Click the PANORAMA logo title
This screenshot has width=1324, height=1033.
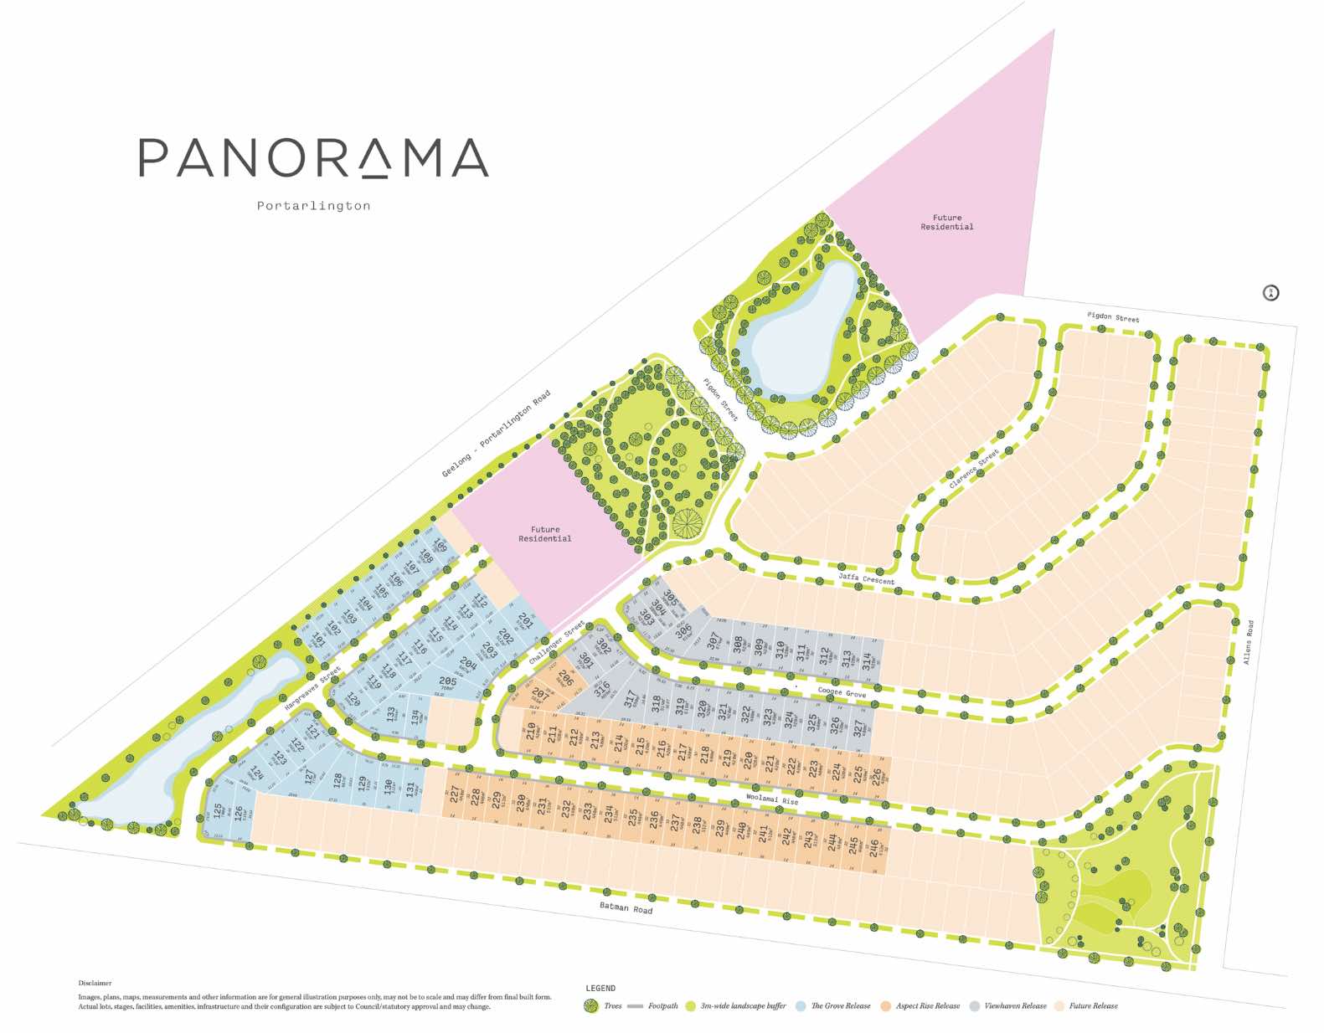(313, 158)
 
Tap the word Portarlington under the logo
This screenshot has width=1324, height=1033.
(313, 206)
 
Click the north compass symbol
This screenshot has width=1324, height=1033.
(1270, 293)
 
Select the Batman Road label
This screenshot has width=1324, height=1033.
(626, 908)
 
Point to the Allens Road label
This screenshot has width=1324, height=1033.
(1248, 642)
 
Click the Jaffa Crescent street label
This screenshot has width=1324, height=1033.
(866, 578)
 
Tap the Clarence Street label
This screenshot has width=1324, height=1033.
(974, 469)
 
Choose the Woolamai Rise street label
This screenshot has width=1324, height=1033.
(771, 799)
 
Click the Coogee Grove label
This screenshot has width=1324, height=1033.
(842, 693)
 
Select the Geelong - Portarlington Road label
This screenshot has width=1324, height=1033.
(496, 434)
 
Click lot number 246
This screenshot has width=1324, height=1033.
(874, 848)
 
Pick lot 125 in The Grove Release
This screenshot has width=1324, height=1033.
(218, 811)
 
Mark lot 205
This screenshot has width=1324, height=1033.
(448, 682)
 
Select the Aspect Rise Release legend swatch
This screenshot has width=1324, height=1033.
(885, 1005)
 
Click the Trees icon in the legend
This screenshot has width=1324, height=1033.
(591, 1005)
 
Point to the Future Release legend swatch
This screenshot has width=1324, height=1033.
(1059, 1005)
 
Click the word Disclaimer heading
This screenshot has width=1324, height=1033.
(95, 983)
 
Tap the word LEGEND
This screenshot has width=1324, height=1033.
(600, 989)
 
